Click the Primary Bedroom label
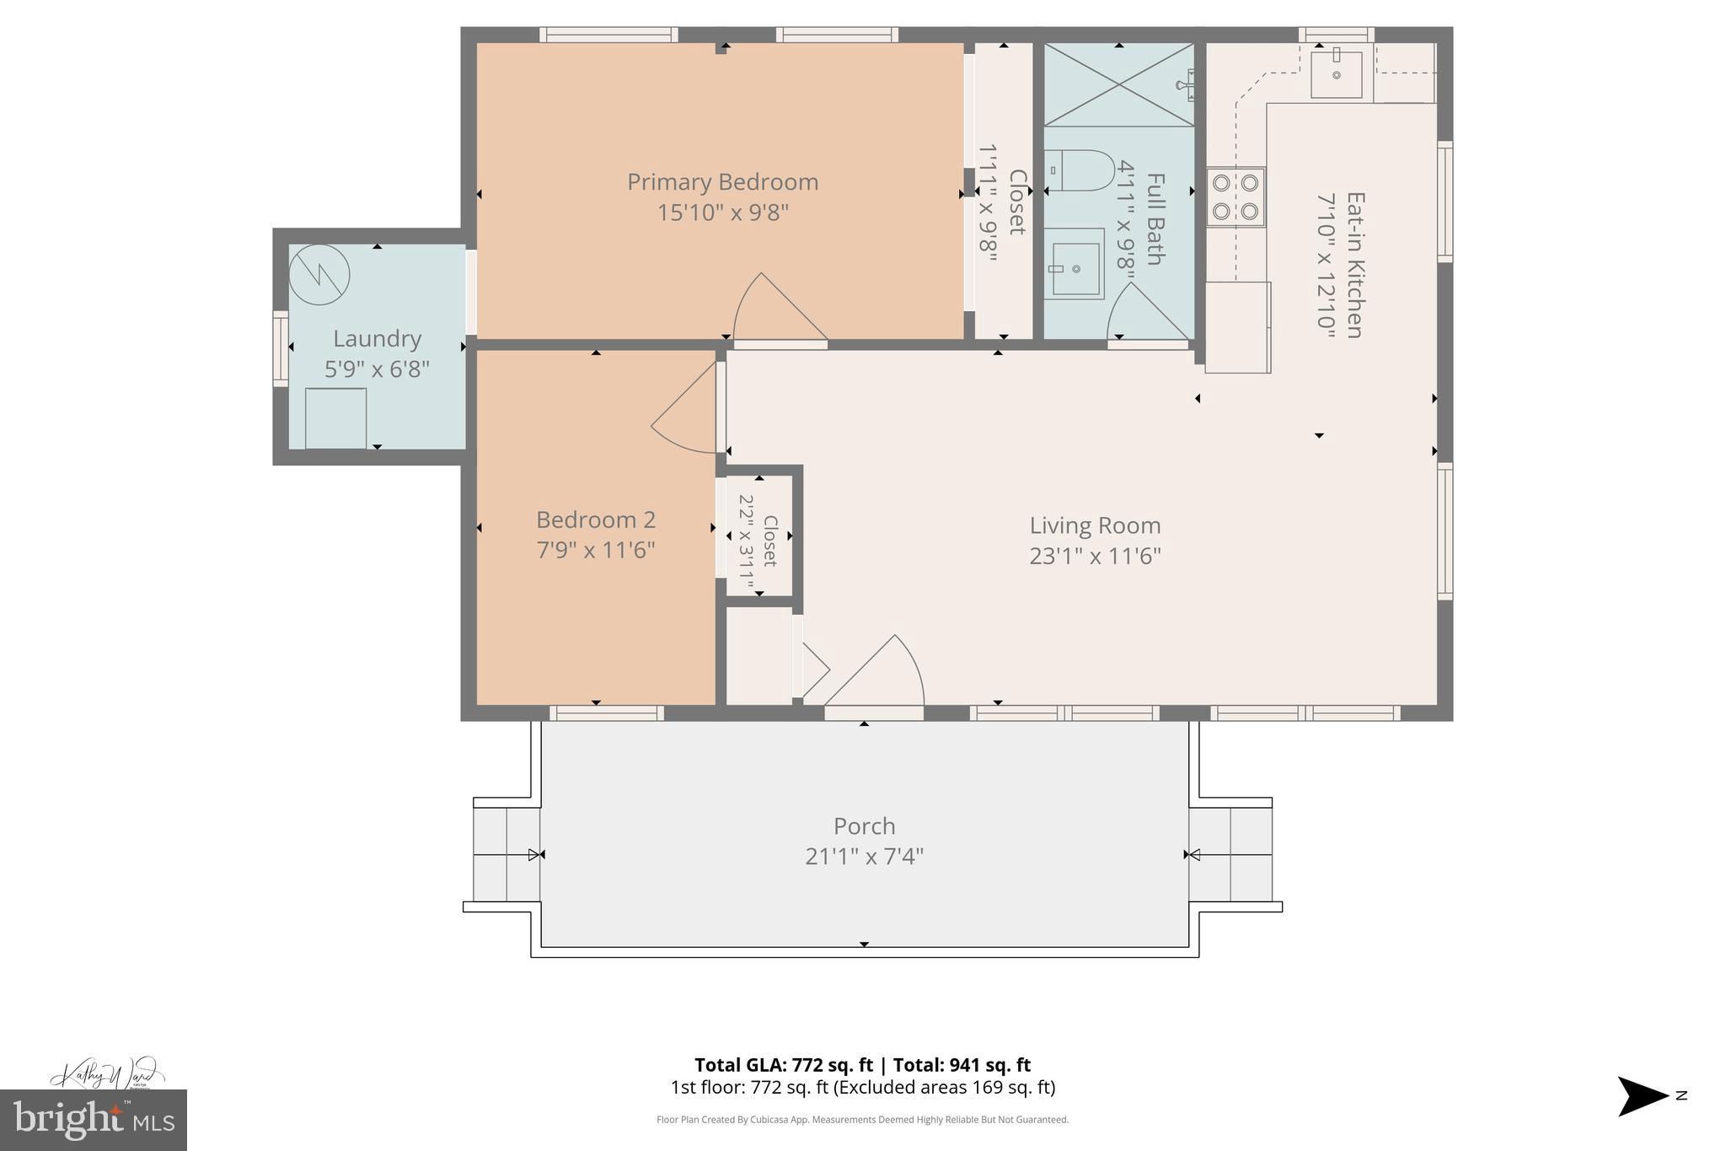tap(722, 182)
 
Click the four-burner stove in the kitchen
tap(1235, 197)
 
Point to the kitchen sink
tap(1337, 74)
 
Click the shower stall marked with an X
tap(1118, 84)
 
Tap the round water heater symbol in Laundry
tap(319, 275)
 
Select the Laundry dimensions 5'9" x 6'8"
tap(377, 369)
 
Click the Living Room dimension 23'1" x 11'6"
tap(1095, 557)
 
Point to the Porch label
tap(864, 826)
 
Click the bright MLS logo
tap(94, 1120)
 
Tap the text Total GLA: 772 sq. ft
tap(785, 1065)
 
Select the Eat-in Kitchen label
tap(1354, 265)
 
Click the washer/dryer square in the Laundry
tap(335, 418)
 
